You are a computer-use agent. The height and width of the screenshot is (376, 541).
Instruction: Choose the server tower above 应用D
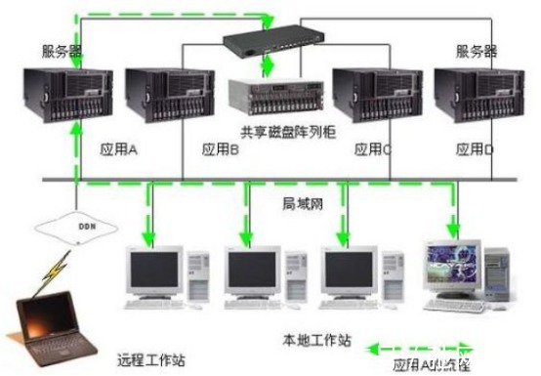pyautogui.click(x=474, y=99)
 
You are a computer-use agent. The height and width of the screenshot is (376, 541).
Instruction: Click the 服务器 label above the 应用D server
pyautogui.click(x=476, y=50)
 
